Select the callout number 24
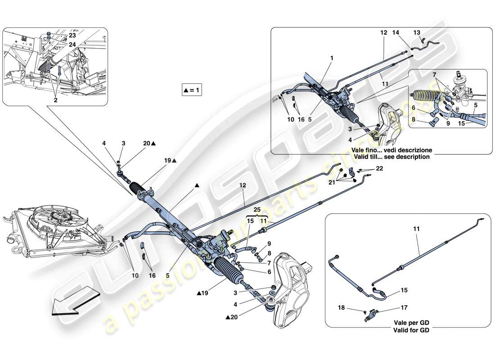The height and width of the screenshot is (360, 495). pyautogui.click(x=72, y=45)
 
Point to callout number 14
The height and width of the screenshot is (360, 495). pyautogui.click(x=396, y=33)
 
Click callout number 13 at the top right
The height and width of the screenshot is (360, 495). pyautogui.click(x=416, y=33)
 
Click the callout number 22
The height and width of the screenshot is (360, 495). pyautogui.click(x=380, y=168)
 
